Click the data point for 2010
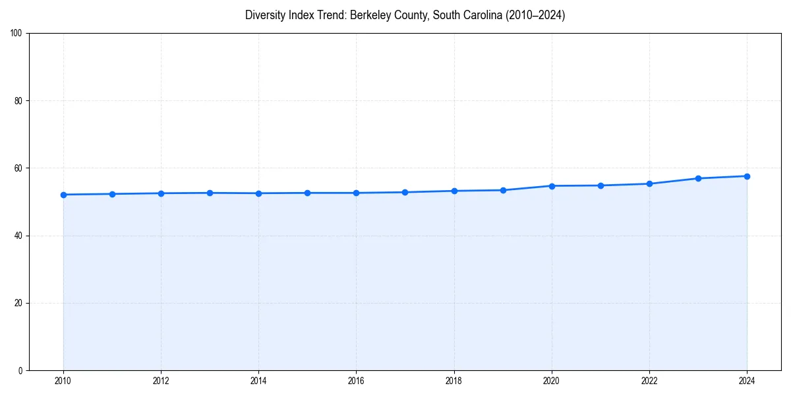63,195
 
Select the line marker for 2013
210,193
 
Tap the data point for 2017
405,192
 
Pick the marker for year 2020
552,186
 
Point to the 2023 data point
698,178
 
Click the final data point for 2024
747,176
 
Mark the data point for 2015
307,193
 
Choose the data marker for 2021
601,185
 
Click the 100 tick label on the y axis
17,34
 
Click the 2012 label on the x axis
161,381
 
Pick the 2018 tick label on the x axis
454,381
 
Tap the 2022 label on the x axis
649,381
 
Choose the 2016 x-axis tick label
356,381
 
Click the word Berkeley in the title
370,15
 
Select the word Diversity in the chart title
266,15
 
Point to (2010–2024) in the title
535,15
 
